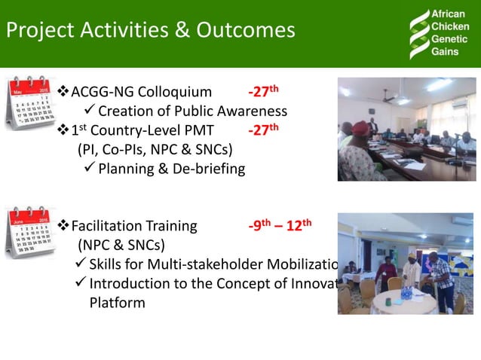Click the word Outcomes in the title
(x=246, y=31)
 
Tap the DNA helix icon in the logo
(x=418, y=33)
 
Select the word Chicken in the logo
(x=449, y=26)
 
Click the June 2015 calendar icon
(x=30, y=232)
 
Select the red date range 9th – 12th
(x=279, y=226)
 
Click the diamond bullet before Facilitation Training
(x=63, y=226)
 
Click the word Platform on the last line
(x=117, y=302)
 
